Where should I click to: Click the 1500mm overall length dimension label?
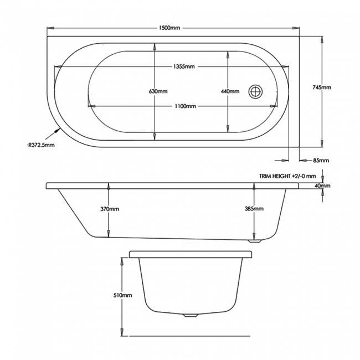coord(169,28)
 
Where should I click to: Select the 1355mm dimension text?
coord(184,66)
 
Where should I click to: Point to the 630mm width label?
coord(158,91)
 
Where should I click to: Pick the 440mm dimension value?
coord(230,91)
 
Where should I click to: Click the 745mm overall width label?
coord(322,88)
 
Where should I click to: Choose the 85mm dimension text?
coord(321,160)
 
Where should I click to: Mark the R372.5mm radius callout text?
coord(41,145)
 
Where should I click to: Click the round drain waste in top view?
coord(256,91)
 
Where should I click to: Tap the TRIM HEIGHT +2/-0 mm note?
coord(287,176)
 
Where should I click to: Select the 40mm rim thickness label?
coord(322,186)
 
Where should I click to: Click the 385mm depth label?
coord(254,208)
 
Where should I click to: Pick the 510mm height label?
coord(123,295)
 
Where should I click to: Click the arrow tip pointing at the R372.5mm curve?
coord(59,128)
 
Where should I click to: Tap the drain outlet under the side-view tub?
coord(255,241)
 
